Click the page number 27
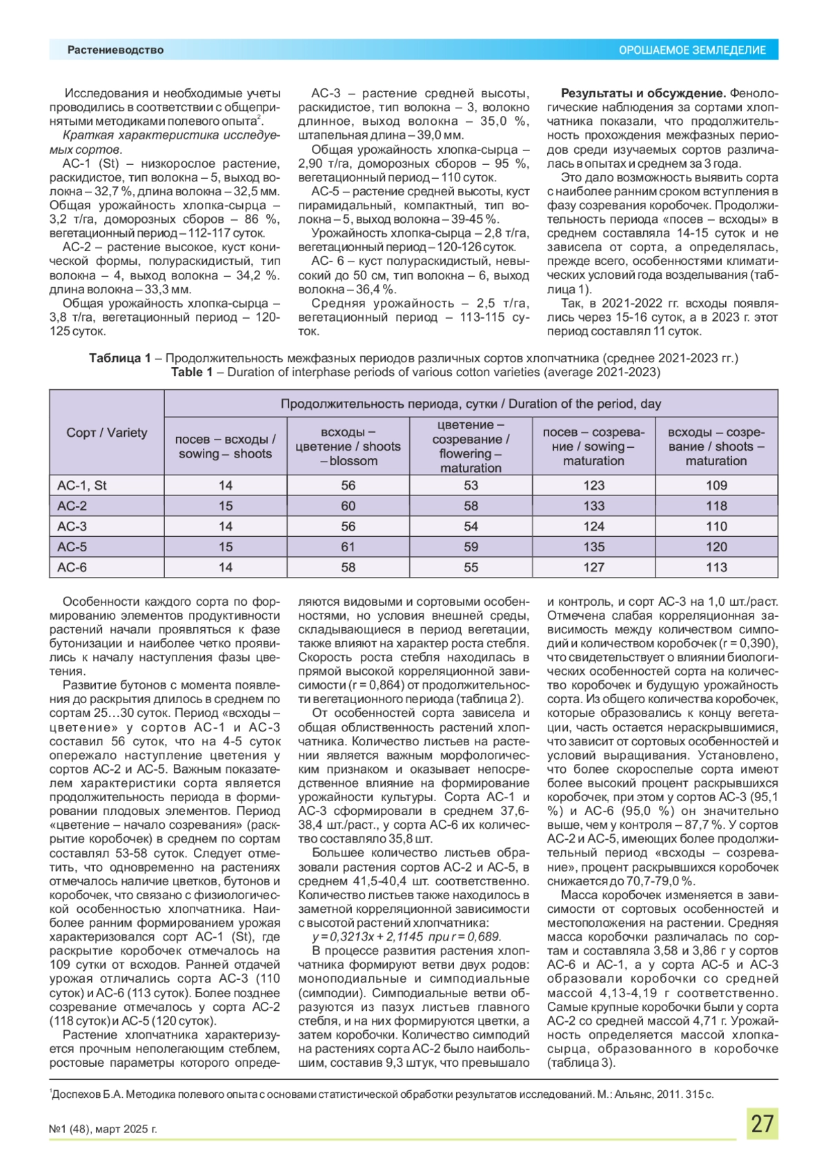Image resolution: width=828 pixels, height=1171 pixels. [x=762, y=1123]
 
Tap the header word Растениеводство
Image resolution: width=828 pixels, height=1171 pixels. [x=115, y=50]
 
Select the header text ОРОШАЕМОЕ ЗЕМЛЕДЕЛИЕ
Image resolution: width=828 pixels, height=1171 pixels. [x=692, y=50]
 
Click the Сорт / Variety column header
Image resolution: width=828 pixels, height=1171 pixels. [x=107, y=433]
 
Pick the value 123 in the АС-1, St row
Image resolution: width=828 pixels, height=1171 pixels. [x=593, y=485]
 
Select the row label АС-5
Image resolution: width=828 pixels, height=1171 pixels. [x=72, y=547]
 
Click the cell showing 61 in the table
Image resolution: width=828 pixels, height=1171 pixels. [x=348, y=547]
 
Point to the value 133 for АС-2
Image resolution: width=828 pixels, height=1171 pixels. [x=593, y=506]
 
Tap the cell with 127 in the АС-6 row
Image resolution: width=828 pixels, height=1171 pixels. [x=593, y=567]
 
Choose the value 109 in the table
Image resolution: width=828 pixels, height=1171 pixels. [x=716, y=485]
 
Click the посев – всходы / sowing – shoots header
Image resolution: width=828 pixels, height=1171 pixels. [x=225, y=446]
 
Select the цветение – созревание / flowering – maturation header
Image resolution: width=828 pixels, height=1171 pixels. [x=471, y=446]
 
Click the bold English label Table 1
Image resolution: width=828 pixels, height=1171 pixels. [x=192, y=372]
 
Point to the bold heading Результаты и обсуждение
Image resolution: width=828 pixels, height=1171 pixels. [x=643, y=93]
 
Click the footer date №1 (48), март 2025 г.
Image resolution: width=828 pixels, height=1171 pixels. [x=103, y=1129]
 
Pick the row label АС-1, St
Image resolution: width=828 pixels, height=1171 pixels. [x=81, y=485]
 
